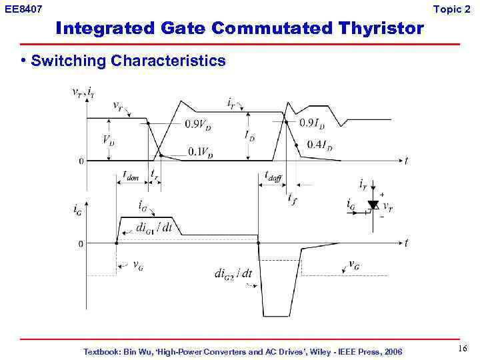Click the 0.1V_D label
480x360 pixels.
[x=201, y=152]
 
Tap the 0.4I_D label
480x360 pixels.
[x=320, y=145]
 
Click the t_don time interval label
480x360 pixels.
[x=131, y=176]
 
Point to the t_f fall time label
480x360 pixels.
[x=292, y=198]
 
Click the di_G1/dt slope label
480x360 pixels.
[x=154, y=228]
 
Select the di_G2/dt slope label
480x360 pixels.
[x=233, y=273]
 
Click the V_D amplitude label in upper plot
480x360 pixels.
[x=107, y=140]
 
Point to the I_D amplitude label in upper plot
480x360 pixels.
[x=249, y=136]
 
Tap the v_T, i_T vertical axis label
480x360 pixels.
[x=83, y=93]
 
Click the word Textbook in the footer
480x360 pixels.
[x=102, y=351]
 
